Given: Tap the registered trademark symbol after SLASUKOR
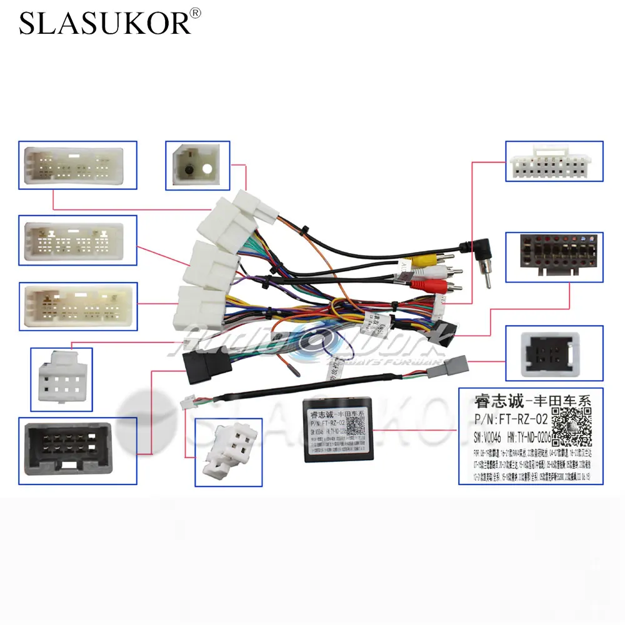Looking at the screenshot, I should [x=195, y=13].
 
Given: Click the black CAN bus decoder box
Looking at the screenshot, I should [x=335, y=429].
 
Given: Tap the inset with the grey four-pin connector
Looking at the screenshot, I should [x=554, y=354].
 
